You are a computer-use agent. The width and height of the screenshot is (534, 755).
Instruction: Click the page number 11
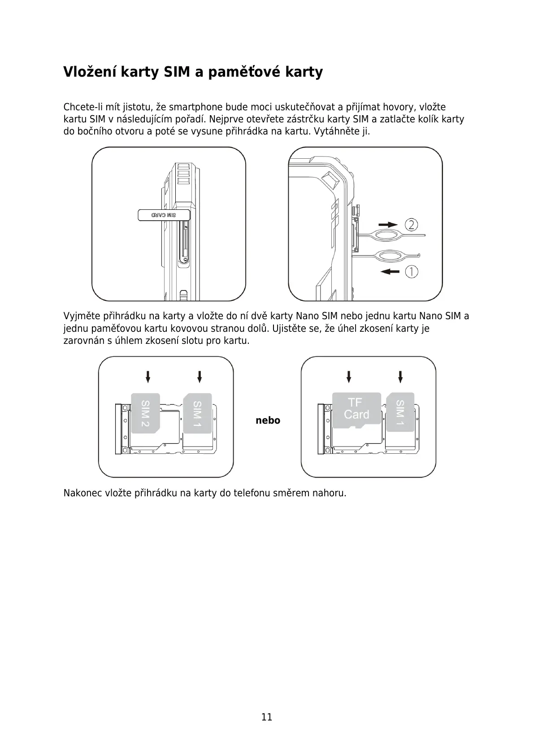(267, 716)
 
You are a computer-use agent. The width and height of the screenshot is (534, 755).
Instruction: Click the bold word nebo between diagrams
(268, 421)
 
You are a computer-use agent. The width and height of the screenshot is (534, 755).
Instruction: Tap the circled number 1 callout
(412, 271)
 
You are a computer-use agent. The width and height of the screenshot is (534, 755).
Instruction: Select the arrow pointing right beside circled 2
(388, 225)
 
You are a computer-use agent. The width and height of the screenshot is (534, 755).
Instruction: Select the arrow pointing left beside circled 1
(389, 271)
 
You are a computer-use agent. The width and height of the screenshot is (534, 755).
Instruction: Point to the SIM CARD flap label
(164, 215)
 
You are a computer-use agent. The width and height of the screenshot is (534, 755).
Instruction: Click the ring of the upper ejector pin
(388, 235)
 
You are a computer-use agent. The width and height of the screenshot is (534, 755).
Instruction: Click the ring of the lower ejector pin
(390, 256)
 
